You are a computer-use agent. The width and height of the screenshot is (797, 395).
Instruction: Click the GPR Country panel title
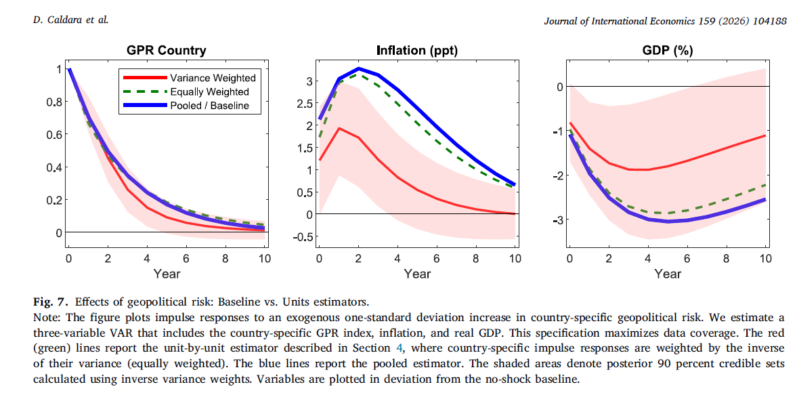tap(167, 51)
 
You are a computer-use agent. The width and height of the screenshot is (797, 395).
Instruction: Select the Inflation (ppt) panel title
tap(416, 51)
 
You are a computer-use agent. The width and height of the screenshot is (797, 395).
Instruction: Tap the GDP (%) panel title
tap(667, 51)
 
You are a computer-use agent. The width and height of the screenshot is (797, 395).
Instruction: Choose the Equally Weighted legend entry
tap(209, 91)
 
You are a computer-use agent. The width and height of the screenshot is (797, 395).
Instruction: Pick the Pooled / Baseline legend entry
tap(209, 105)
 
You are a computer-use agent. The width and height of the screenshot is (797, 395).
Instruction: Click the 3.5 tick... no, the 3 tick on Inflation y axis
tap(309, 81)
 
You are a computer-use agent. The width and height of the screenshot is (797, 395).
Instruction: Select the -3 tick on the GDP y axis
tap(558, 220)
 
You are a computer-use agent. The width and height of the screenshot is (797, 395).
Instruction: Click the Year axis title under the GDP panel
tap(668, 274)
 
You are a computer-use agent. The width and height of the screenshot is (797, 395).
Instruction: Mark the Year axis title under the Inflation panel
tap(417, 274)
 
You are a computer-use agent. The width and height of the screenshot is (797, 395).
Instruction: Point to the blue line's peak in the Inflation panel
tap(360, 68)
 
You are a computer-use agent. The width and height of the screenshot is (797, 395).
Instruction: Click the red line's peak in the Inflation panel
tap(339, 128)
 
